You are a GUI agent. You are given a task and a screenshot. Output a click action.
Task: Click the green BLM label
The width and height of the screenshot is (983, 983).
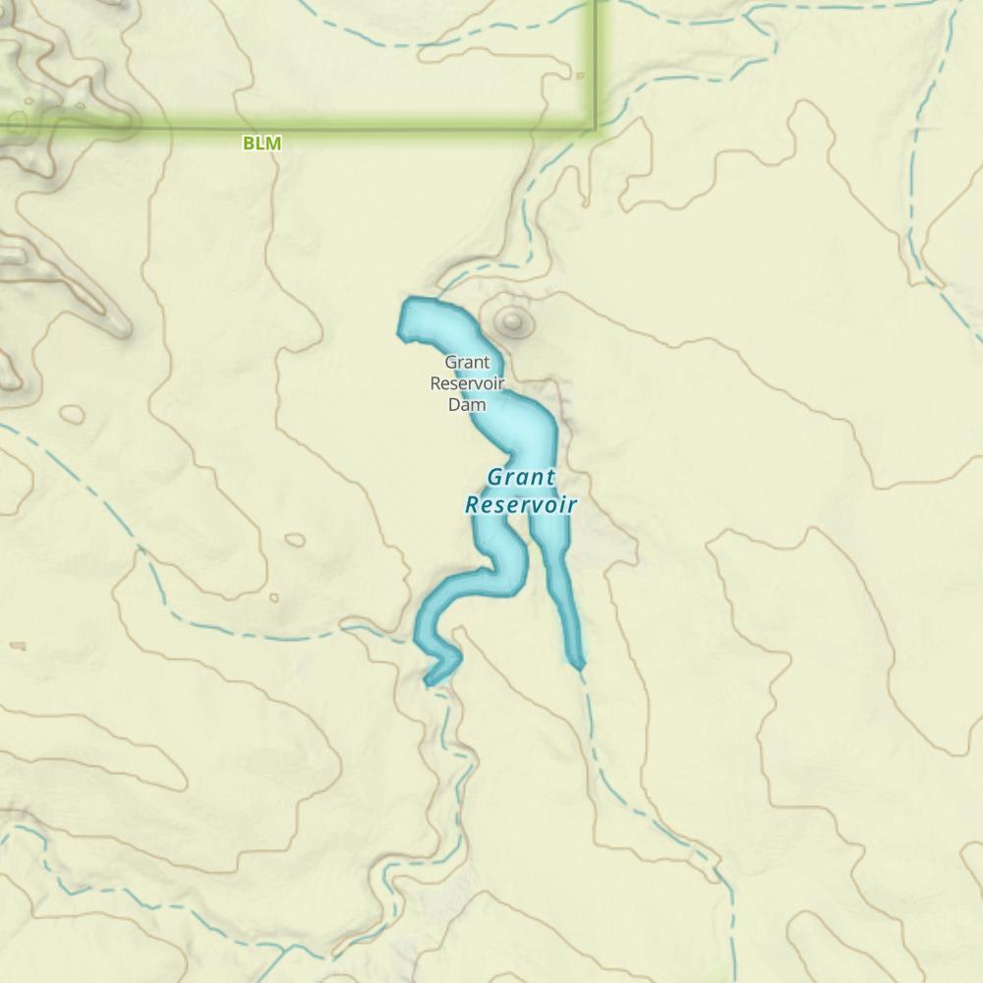pos(261,144)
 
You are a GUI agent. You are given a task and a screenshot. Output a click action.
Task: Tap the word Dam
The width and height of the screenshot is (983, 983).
pos(467,404)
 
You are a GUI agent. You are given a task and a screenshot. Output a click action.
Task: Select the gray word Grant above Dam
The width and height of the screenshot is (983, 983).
pos(467,362)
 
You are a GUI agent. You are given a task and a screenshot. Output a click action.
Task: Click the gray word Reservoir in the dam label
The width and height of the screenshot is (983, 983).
pos(467,382)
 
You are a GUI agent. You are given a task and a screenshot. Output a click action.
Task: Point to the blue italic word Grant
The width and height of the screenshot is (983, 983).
pos(521,478)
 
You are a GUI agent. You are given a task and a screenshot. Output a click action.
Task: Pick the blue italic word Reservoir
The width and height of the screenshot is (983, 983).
pos(520,505)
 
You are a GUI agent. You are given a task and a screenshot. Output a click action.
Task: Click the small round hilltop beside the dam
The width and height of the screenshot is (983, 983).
pos(511,319)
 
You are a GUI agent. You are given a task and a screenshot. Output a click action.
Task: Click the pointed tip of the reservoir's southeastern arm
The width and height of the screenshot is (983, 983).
pos(579,667)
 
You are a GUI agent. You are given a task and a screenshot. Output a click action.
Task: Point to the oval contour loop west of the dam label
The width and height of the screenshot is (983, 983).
pos(72,414)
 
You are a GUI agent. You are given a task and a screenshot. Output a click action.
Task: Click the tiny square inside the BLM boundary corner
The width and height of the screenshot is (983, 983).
pos(580,75)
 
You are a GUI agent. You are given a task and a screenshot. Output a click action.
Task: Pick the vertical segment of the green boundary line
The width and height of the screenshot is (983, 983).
pos(594,59)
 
